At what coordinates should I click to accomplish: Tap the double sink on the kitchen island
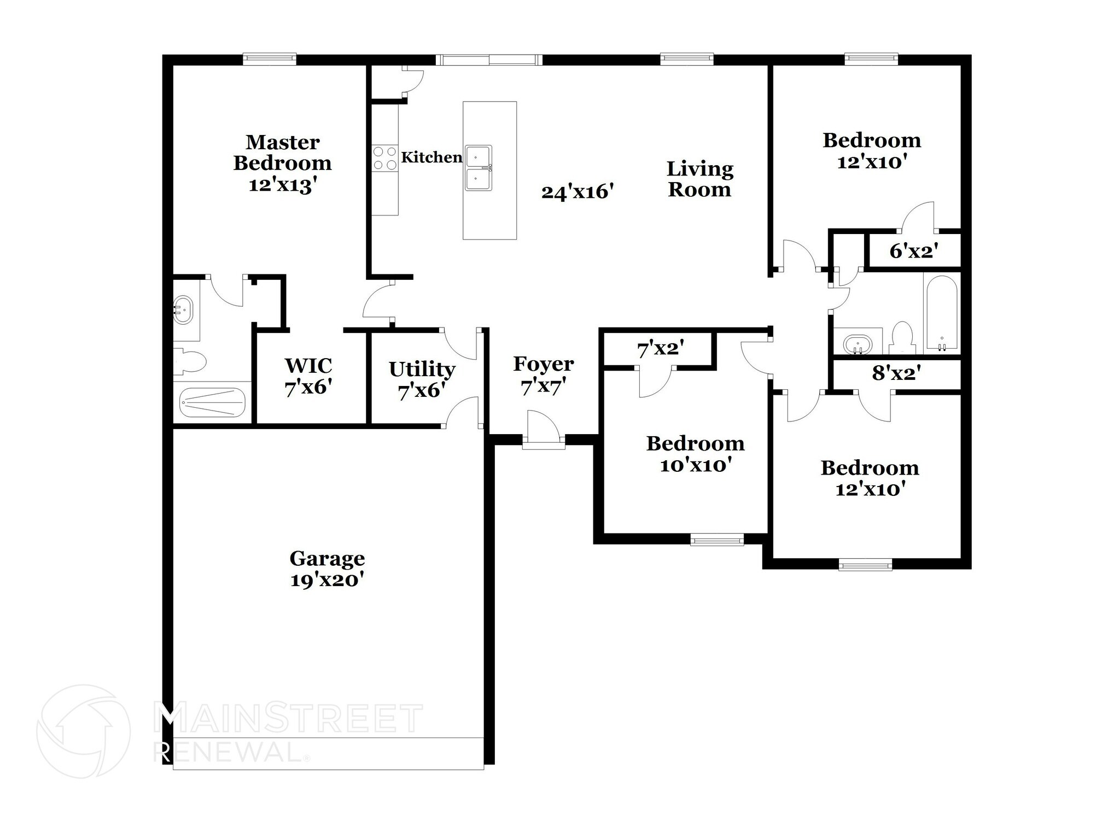point(479,167)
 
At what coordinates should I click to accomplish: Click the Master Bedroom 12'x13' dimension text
point(283,185)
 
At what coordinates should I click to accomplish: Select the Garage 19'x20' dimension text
point(327,580)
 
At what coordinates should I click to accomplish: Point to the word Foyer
point(543,364)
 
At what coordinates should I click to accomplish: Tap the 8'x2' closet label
point(896,374)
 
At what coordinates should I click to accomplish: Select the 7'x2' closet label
point(661,348)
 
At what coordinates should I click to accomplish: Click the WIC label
point(308,365)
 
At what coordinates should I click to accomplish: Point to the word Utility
point(422,370)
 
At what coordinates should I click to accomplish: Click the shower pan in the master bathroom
point(213,402)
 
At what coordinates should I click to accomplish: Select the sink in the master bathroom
point(183,311)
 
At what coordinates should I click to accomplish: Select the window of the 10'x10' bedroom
point(717,540)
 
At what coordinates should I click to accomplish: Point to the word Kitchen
point(431,157)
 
